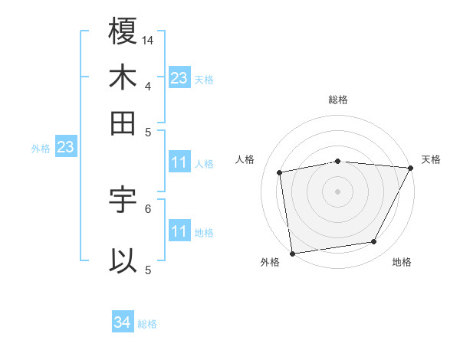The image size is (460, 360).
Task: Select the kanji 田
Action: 123,123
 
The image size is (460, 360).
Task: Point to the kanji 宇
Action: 123,200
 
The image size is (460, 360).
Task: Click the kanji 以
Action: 123,260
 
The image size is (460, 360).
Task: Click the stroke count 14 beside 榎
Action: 149,39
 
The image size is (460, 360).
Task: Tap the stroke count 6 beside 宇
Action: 148,208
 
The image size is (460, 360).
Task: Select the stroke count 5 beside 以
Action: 148,269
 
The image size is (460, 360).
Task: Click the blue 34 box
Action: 123,323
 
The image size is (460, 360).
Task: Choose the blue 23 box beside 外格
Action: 65,146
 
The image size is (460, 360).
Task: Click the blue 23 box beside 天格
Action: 179,77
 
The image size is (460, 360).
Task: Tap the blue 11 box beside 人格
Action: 179,162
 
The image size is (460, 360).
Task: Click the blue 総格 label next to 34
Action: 148,324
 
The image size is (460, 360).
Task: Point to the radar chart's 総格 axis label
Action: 338,100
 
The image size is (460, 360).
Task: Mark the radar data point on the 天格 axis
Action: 411,169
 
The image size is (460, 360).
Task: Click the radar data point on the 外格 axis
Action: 292,253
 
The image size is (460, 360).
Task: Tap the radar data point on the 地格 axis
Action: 374,242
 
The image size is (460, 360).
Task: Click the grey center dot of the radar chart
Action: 338,191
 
